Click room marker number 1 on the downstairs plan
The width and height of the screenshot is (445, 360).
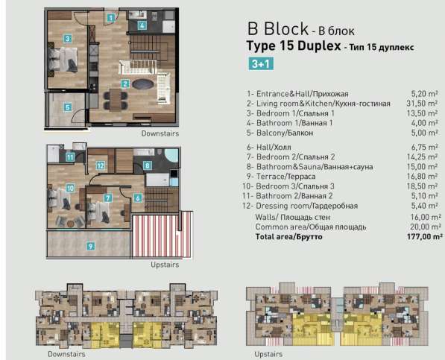(110, 16)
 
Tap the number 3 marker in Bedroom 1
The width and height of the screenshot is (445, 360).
(67, 39)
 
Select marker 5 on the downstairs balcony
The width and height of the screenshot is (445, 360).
(67, 107)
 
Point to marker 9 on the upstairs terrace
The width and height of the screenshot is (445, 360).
(90, 245)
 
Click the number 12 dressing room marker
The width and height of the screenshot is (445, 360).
(100, 165)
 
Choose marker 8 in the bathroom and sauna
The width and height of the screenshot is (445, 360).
(148, 165)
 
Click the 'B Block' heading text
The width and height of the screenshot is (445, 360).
(277, 30)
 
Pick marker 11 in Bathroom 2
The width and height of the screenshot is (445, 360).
(69, 157)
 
